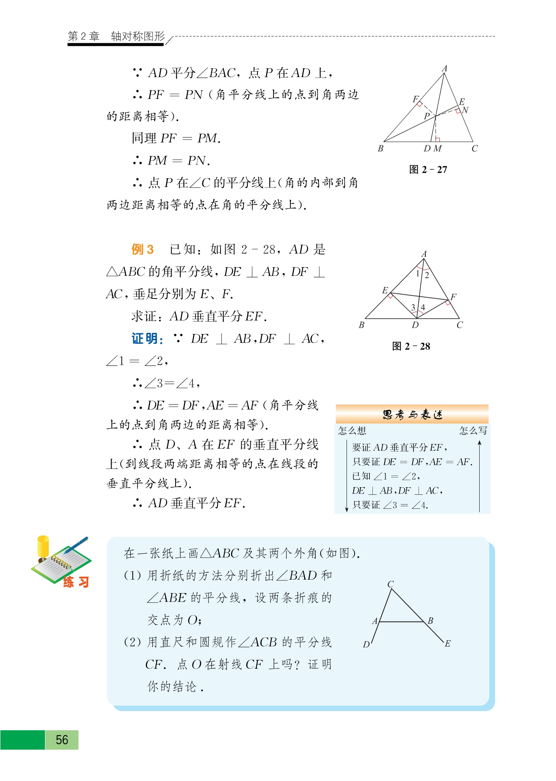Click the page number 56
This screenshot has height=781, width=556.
coord(62,740)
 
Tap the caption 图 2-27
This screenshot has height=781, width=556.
coord(428,170)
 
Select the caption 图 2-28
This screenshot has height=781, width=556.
coord(411,346)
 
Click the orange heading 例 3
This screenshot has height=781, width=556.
coord(142,249)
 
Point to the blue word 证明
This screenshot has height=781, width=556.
coord(147,339)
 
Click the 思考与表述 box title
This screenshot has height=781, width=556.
coord(412,414)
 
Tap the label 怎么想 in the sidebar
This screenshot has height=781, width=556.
coord(352,431)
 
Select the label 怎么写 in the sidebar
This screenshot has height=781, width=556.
coord(473,431)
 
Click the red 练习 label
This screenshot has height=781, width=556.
coord(76,582)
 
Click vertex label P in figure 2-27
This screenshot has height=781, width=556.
coord(427,116)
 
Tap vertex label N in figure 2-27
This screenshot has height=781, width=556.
coord(465,110)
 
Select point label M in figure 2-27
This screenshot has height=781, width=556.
coord(438,149)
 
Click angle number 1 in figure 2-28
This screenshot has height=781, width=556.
coord(418,273)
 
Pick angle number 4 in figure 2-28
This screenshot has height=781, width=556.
coord(423,307)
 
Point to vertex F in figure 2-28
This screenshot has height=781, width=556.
coord(453,297)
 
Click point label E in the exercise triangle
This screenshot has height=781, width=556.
coord(447,644)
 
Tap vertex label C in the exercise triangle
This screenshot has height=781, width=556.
coord(391,584)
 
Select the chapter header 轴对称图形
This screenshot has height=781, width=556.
coord(138,36)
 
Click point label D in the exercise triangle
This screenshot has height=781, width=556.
coord(366,644)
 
